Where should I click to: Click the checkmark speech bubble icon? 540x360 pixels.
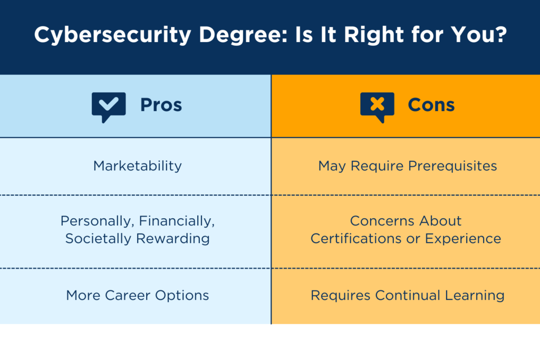click(x=109, y=106)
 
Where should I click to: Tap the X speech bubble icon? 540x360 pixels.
click(x=377, y=106)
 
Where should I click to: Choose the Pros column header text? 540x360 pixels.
click(x=161, y=105)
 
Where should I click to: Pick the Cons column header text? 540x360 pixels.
click(x=431, y=105)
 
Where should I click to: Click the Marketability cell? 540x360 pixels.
click(x=137, y=166)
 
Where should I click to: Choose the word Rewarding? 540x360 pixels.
click(x=173, y=238)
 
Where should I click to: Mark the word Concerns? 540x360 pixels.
click(x=379, y=220)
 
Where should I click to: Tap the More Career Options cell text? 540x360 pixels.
click(x=137, y=295)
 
